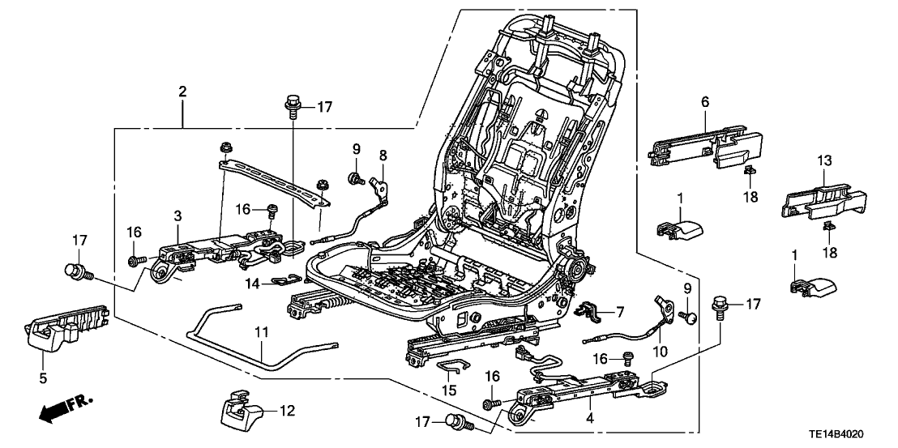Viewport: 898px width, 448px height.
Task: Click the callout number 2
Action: point(182,92)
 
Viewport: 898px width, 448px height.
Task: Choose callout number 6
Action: point(704,101)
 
